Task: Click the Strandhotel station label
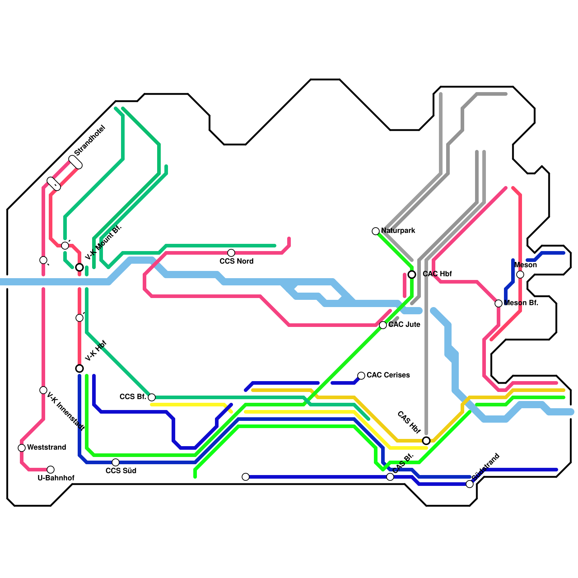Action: pos(90,140)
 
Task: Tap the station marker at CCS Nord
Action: pos(231,253)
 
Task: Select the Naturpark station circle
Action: pos(376,231)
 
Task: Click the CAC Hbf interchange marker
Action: pos(412,275)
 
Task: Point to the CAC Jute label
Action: pos(404,324)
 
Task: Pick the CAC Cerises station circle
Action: pos(361,376)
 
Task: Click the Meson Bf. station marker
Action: pos(499,303)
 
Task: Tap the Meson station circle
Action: pos(520,275)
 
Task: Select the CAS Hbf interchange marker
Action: pos(426,441)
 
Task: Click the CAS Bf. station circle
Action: pos(390,477)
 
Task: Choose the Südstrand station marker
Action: pos(470,484)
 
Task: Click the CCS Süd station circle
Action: pos(116,462)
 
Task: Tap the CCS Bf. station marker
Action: pos(152,397)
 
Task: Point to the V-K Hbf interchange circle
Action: pos(79,368)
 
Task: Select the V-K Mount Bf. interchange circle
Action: pos(79,267)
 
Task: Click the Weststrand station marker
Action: pos(22,448)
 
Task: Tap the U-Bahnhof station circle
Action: pos(51,470)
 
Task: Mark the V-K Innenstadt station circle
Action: pos(43,390)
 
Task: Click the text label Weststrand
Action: pos(47,447)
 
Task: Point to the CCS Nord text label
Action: pos(236,261)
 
